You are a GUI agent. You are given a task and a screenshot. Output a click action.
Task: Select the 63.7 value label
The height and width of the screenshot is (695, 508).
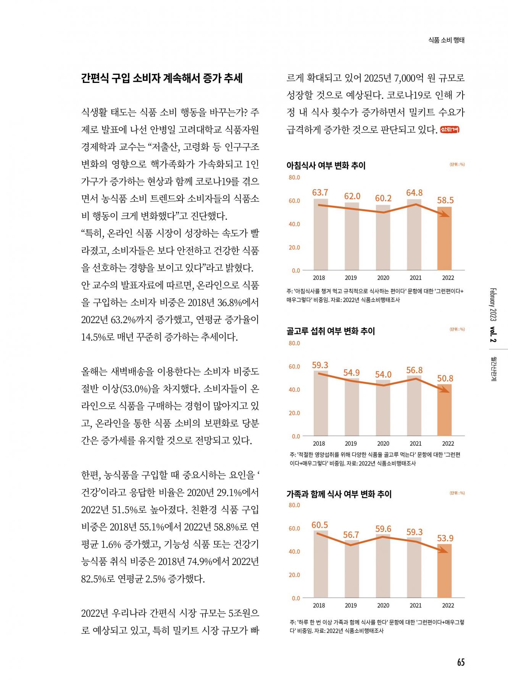[320, 192]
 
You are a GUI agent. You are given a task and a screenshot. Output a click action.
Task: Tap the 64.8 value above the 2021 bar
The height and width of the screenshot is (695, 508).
[414, 193]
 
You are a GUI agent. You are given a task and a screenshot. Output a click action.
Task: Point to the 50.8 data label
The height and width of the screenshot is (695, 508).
[445, 378]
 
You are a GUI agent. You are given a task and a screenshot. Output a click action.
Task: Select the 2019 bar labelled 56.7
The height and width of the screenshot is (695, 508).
[352, 569]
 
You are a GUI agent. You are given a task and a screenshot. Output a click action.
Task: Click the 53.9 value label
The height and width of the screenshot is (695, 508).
[445, 538]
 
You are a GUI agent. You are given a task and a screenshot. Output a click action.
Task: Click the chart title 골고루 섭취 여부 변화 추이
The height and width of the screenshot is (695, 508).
[331, 331]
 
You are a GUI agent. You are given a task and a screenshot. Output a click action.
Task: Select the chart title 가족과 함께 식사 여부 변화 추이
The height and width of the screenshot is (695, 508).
[339, 494]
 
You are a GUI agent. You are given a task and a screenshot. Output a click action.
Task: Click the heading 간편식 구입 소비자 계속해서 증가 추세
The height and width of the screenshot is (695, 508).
[162, 78]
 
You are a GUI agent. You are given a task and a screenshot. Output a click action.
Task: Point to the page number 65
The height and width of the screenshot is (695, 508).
[461, 662]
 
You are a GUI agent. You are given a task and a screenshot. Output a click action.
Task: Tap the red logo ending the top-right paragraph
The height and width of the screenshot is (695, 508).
[450, 129]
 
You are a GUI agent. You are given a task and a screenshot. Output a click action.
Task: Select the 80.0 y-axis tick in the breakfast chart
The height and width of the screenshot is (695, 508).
[294, 178]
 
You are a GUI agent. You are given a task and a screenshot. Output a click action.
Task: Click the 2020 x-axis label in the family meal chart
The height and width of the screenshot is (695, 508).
[383, 605]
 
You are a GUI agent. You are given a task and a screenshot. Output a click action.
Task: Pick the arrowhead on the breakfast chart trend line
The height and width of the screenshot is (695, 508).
[444, 215]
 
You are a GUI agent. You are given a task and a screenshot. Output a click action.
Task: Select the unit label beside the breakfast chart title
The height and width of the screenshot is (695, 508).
[457, 165]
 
